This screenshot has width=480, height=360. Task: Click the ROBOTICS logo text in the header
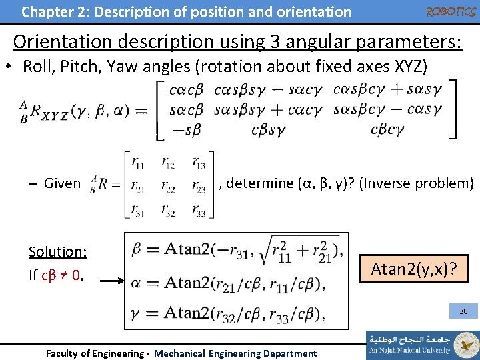click(x=450, y=11)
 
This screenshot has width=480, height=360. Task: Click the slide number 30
click(x=463, y=311)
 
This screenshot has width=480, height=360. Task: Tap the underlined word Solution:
click(x=57, y=251)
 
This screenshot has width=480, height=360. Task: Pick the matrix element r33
click(x=198, y=210)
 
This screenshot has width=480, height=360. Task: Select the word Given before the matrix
click(x=61, y=183)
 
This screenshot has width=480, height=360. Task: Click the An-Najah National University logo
click(x=422, y=344)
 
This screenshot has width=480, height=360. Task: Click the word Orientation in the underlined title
click(x=65, y=41)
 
